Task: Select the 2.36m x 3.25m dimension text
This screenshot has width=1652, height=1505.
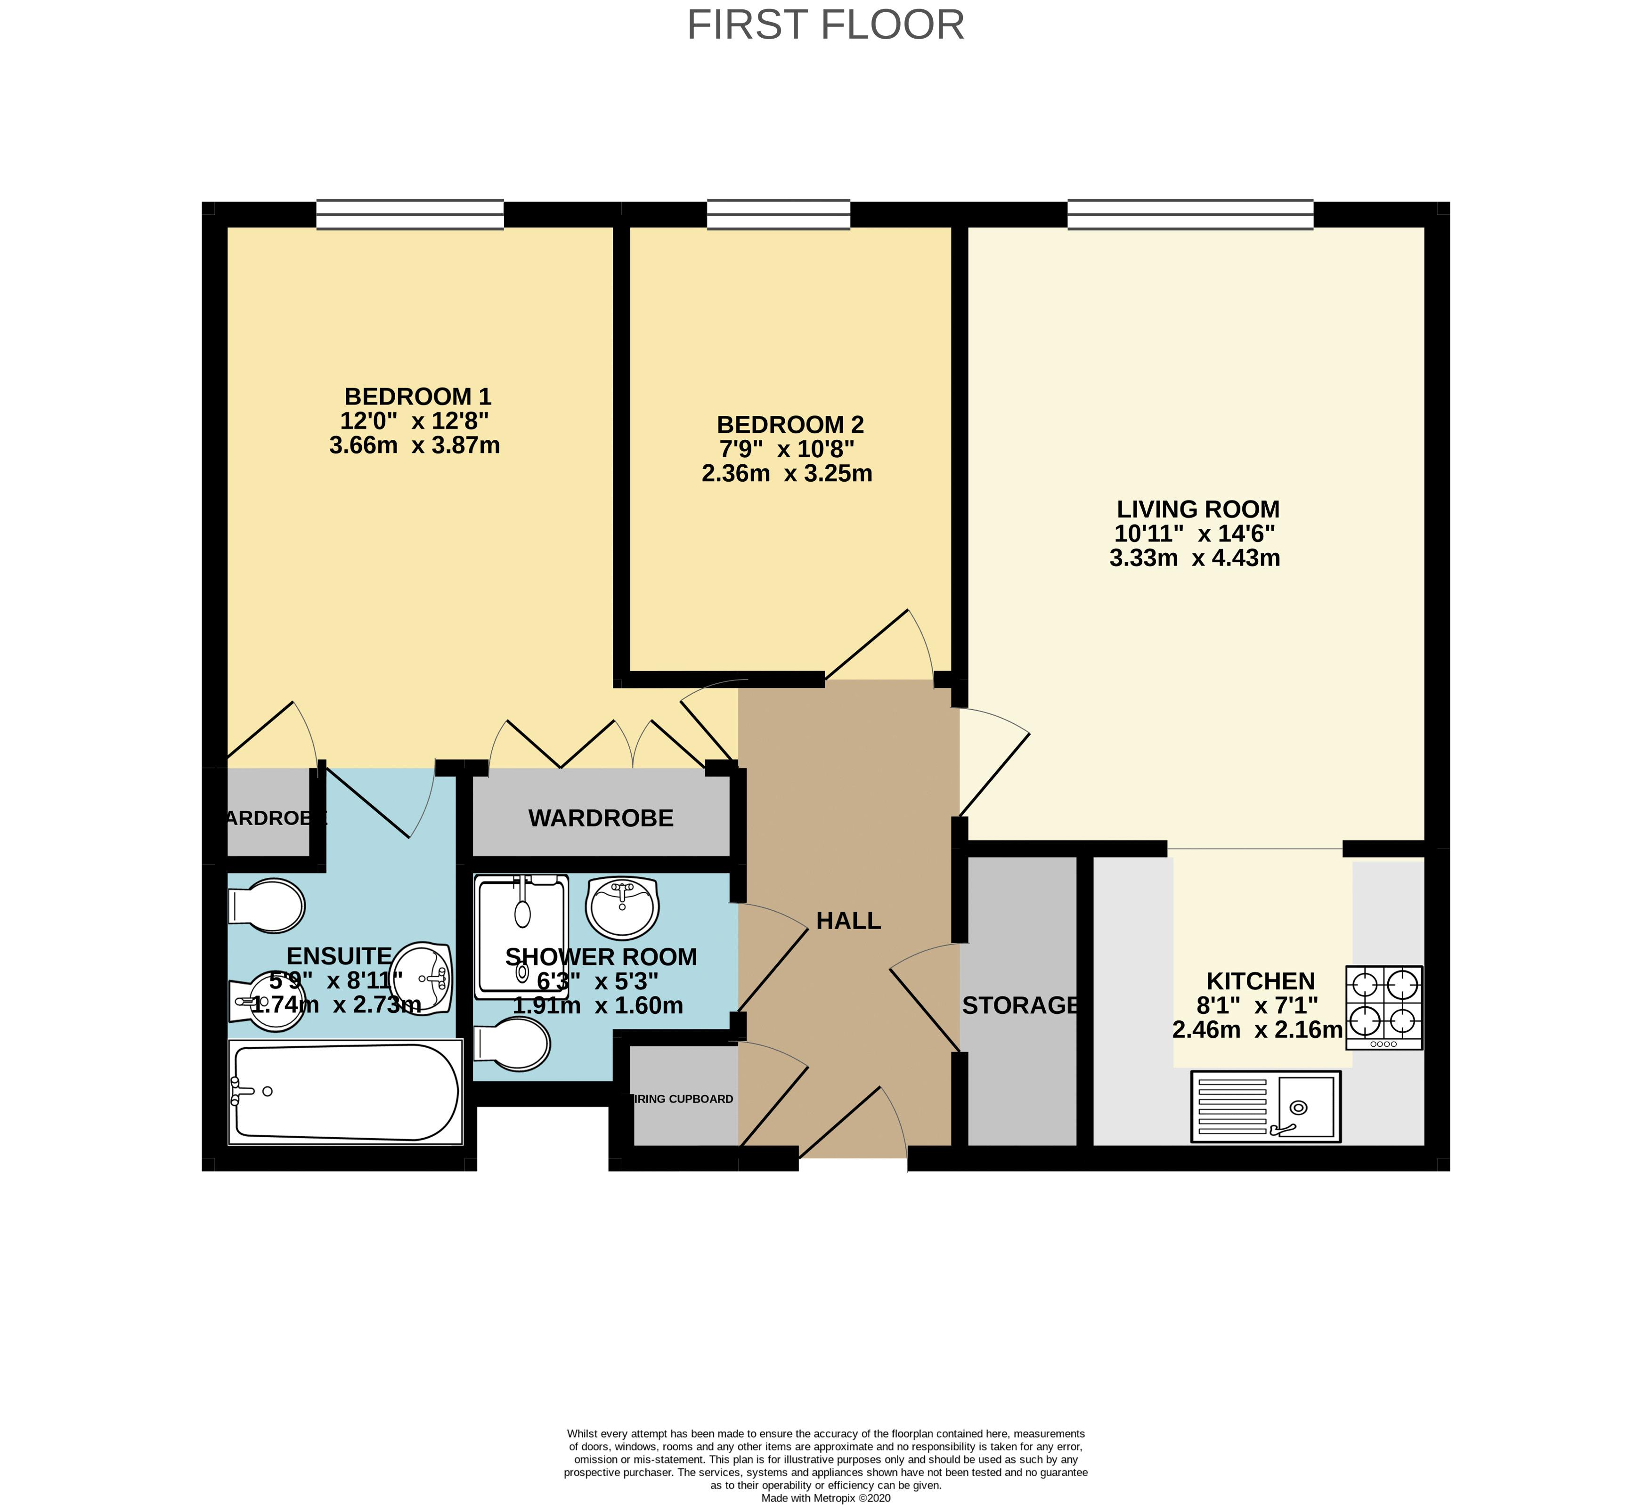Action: point(787,474)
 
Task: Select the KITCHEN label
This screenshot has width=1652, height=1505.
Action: point(1260,981)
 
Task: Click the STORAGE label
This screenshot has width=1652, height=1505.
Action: point(1020,1005)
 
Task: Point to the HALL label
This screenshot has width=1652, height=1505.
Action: point(848,921)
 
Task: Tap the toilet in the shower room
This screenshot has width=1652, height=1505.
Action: point(514,1044)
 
